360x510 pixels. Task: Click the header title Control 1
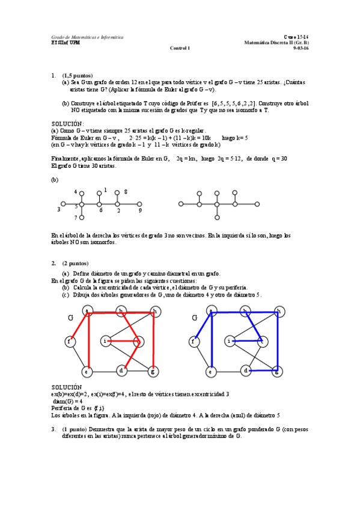click(x=180, y=48)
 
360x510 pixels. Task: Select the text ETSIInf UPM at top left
click(x=65, y=43)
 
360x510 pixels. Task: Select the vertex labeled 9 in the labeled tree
click(x=139, y=204)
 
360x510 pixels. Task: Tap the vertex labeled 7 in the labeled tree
click(x=82, y=217)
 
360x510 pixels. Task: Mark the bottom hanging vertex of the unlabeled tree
click(x=218, y=217)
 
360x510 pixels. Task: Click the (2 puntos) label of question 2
click(x=75, y=263)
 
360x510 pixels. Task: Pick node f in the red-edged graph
click(x=70, y=342)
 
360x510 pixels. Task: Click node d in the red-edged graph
click(x=121, y=370)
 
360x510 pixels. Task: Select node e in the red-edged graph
click(x=87, y=371)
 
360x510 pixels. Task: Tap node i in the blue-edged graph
click(x=229, y=342)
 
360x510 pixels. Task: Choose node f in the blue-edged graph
click(x=194, y=342)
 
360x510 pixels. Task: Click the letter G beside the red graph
click(x=70, y=317)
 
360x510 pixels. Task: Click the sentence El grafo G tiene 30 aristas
click(x=84, y=165)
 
